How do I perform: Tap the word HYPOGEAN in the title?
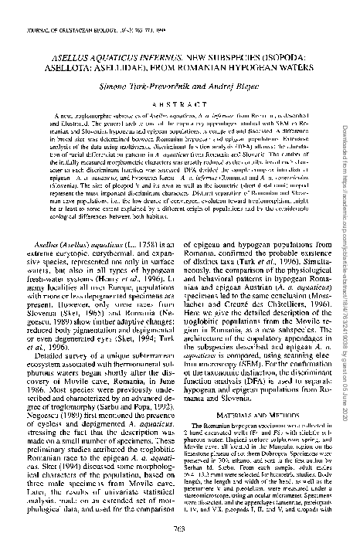[221, 66]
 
